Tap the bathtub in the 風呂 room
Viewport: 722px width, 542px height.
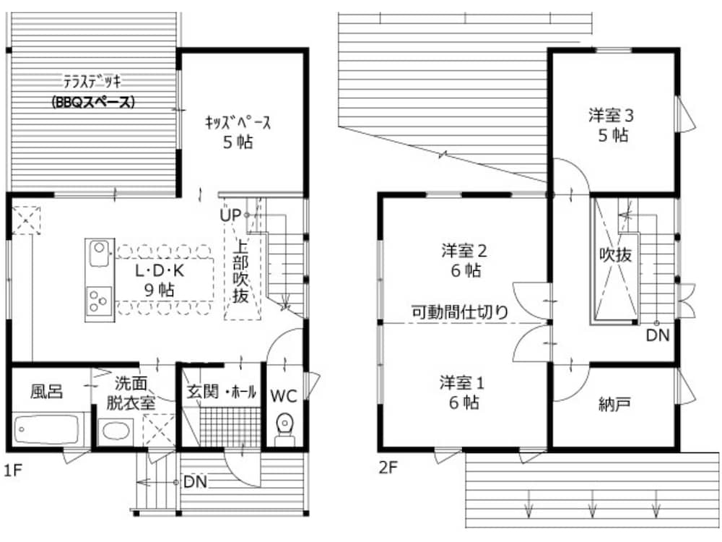[48, 429]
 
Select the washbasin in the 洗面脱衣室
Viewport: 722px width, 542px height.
[115, 431]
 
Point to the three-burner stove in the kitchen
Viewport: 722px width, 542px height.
[99, 301]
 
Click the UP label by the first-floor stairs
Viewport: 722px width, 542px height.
[230, 215]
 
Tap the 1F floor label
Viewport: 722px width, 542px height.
[13, 470]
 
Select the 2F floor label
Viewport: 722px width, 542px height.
[388, 468]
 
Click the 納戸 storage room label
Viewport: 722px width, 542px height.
[614, 404]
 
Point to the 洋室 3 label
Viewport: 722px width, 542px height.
[611, 115]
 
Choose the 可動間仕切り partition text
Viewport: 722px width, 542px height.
[459, 312]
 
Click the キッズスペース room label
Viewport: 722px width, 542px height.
[238, 122]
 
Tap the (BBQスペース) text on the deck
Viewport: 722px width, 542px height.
[93, 101]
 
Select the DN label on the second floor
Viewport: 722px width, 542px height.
[658, 335]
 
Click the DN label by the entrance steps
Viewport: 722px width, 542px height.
[195, 482]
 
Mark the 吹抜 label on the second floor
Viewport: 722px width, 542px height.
[615, 254]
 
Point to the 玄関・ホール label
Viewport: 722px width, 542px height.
[221, 392]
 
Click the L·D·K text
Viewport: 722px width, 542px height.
[160, 270]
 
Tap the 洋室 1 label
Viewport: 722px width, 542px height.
[462, 382]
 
